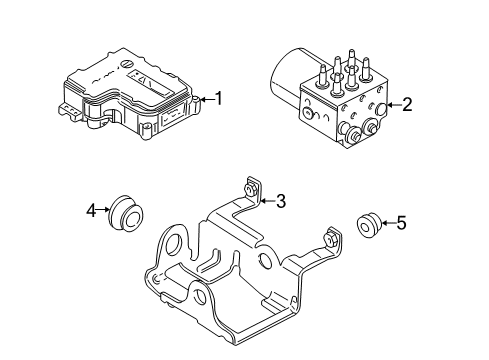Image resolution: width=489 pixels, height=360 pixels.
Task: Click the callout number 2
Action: pos(407,104)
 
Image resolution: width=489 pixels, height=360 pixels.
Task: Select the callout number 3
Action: pos(281,201)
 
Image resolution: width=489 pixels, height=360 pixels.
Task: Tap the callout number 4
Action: pos(90,211)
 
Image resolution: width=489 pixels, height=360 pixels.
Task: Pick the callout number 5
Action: pos(401,225)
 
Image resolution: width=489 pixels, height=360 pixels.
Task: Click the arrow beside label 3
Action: pos(265,201)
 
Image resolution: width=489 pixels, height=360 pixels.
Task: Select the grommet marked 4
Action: pos(127,212)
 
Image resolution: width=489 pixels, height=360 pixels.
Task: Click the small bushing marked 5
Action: pos(366,226)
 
